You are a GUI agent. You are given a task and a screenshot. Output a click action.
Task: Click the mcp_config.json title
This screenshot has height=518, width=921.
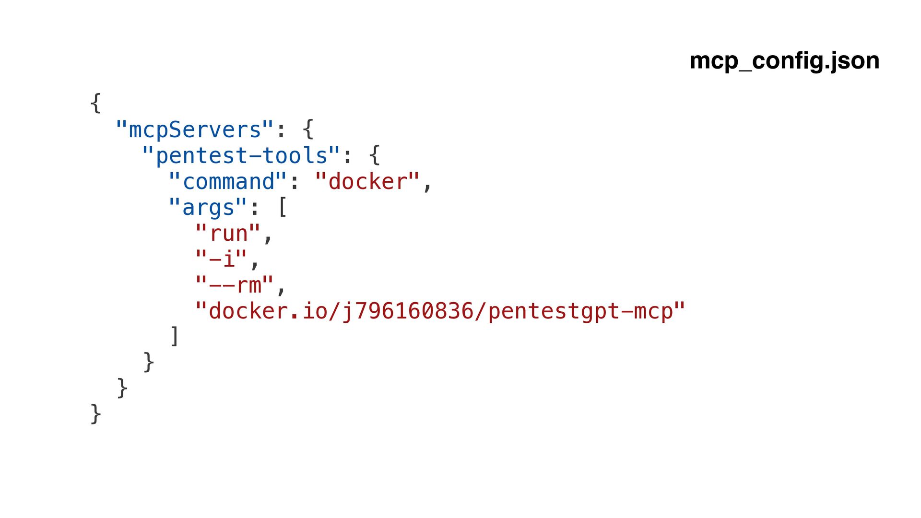[x=784, y=61]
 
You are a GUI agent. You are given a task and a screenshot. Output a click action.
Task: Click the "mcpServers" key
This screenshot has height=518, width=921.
[x=195, y=130]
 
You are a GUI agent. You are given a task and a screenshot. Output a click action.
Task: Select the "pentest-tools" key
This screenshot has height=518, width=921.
[x=241, y=156]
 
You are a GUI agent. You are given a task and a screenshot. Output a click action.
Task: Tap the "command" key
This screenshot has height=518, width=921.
[x=228, y=182]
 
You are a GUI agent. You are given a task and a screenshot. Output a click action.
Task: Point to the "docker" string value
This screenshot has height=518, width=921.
[x=367, y=182]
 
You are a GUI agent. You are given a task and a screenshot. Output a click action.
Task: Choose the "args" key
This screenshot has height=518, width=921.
[x=208, y=208]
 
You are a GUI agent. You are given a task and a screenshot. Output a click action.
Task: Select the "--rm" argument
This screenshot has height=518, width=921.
[x=235, y=285]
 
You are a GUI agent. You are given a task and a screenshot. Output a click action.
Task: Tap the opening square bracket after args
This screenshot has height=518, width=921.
[x=282, y=208]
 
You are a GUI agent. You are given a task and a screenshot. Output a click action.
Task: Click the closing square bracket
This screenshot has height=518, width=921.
[x=175, y=336]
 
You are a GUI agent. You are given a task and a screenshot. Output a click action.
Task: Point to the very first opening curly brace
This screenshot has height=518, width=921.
[x=95, y=103]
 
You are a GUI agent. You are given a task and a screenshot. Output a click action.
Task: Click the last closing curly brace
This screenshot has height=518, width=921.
[x=95, y=414]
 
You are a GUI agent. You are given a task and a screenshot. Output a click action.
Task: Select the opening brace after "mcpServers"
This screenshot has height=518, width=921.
[x=308, y=129]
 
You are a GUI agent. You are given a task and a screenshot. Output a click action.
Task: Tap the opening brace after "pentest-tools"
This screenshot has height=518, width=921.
[x=375, y=155]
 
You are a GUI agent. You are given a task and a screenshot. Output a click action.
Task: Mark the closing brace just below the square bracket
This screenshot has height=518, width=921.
[x=149, y=362]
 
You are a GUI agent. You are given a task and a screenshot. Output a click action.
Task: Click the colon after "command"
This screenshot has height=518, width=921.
[x=294, y=183]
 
